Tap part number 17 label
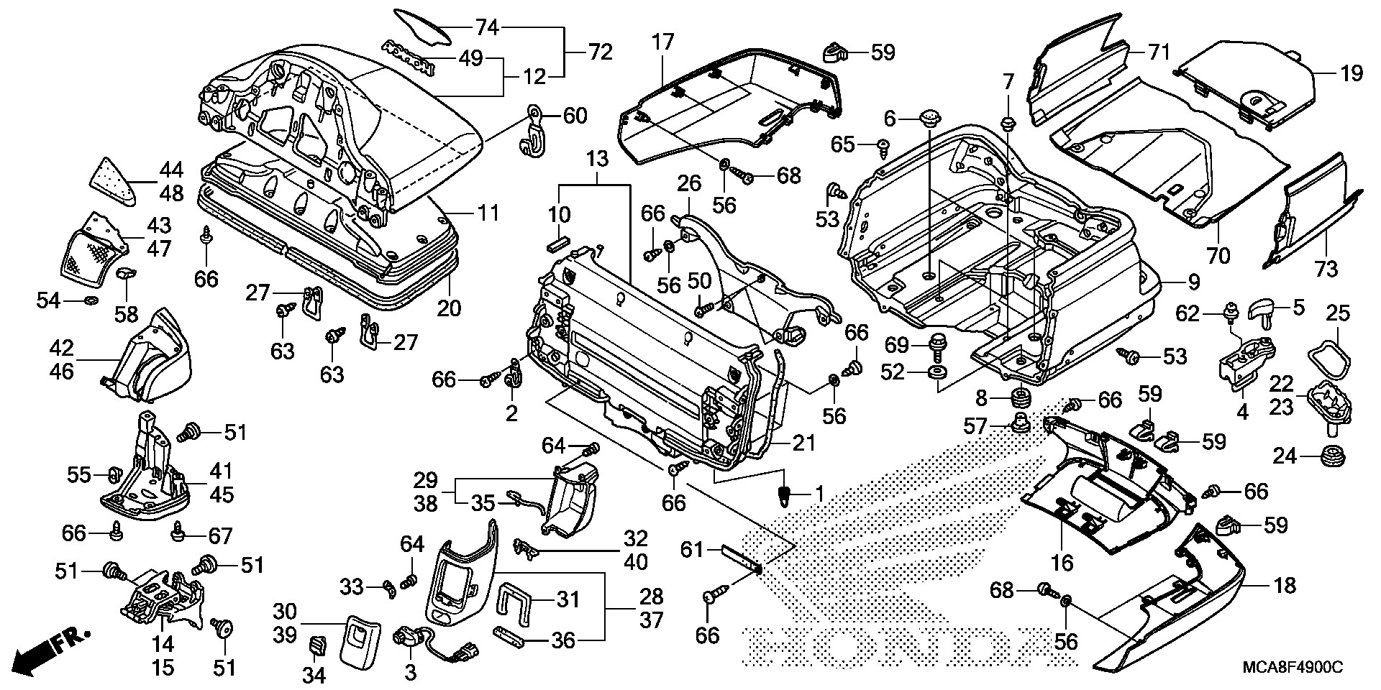coord(662,42)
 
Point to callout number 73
coord(1326,270)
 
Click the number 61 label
coord(691,551)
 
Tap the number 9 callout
coord(1193,282)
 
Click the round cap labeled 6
coord(931,117)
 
